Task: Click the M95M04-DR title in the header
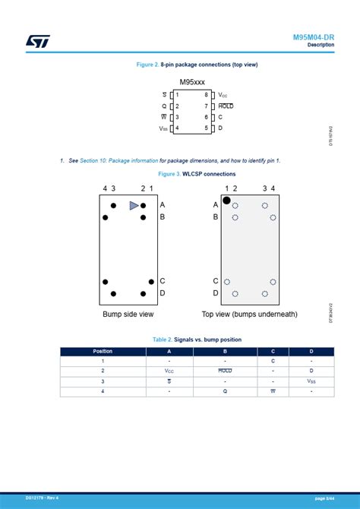(313, 37)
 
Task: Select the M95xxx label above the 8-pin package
(191, 82)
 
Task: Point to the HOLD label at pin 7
(226, 106)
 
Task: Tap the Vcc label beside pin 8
(223, 95)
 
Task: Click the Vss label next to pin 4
(163, 128)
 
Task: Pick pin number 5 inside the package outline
(206, 128)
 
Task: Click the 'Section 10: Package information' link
(118, 161)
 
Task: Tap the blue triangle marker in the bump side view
(134, 205)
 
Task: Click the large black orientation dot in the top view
(226, 201)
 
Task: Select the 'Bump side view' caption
(128, 314)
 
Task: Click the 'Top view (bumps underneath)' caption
(249, 314)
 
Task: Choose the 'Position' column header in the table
(103, 351)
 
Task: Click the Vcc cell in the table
(169, 371)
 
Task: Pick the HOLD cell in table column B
(225, 371)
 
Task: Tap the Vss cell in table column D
(311, 381)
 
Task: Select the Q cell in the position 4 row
(225, 390)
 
